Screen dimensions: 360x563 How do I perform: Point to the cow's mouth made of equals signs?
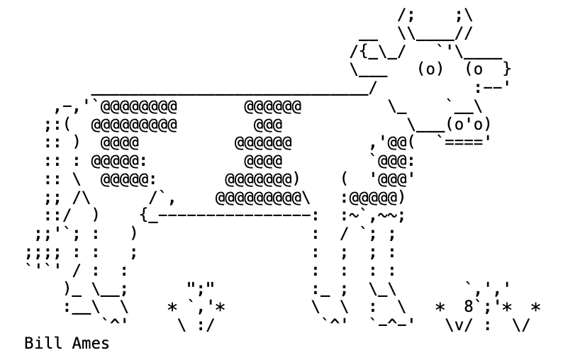click(x=468, y=140)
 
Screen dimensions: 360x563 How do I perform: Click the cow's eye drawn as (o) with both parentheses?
click(x=430, y=69)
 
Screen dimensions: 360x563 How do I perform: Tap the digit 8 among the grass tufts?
click(x=469, y=307)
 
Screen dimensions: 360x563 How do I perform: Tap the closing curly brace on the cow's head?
click(x=506, y=69)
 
